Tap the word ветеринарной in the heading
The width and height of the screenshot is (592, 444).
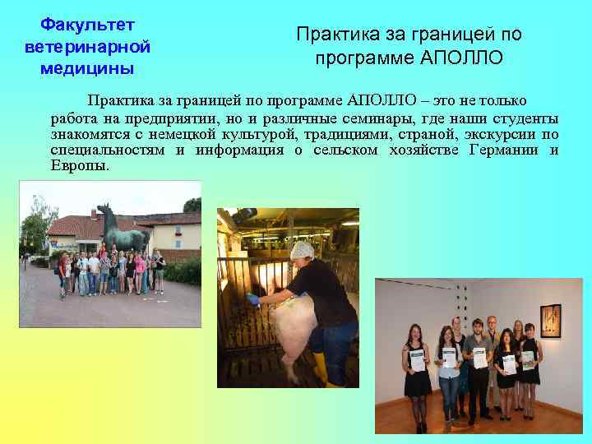coord(87,47)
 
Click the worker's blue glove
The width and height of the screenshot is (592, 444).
coord(256,301)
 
